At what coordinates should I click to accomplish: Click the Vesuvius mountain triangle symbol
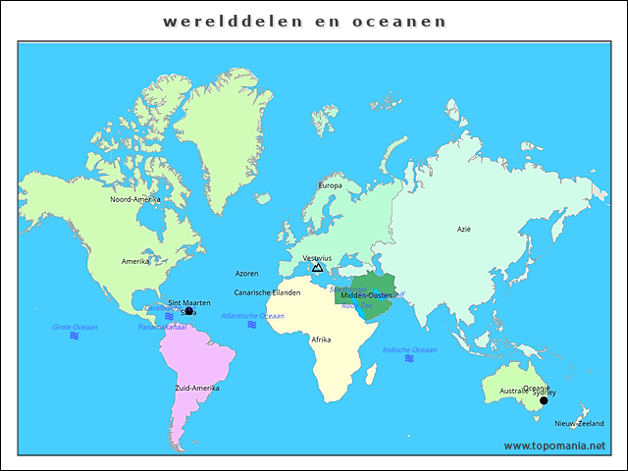click(317, 267)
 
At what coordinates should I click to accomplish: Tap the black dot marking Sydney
click(544, 400)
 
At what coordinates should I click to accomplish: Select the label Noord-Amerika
click(134, 199)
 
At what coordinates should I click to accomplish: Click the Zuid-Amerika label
click(197, 388)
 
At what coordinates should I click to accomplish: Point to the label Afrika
click(321, 340)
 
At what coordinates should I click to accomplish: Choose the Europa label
click(330, 185)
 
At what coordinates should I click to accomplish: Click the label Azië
click(464, 229)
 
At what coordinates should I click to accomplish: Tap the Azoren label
click(247, 273)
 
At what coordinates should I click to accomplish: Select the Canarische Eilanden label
click(267, 292)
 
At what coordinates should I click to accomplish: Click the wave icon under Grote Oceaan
click(75, 336)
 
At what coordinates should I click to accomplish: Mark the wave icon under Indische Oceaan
click(409, 358)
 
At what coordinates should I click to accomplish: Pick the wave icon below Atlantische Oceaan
click(252, 325)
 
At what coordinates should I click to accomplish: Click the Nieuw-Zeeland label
click(579, 424)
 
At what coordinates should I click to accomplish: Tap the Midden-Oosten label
click(366, 295)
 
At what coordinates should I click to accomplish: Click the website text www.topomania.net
click(554, 445)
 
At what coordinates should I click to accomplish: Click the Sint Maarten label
click(189, 303)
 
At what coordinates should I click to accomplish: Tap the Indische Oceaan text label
click(409, 349)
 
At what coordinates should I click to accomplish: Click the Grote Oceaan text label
click(75, 327)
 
